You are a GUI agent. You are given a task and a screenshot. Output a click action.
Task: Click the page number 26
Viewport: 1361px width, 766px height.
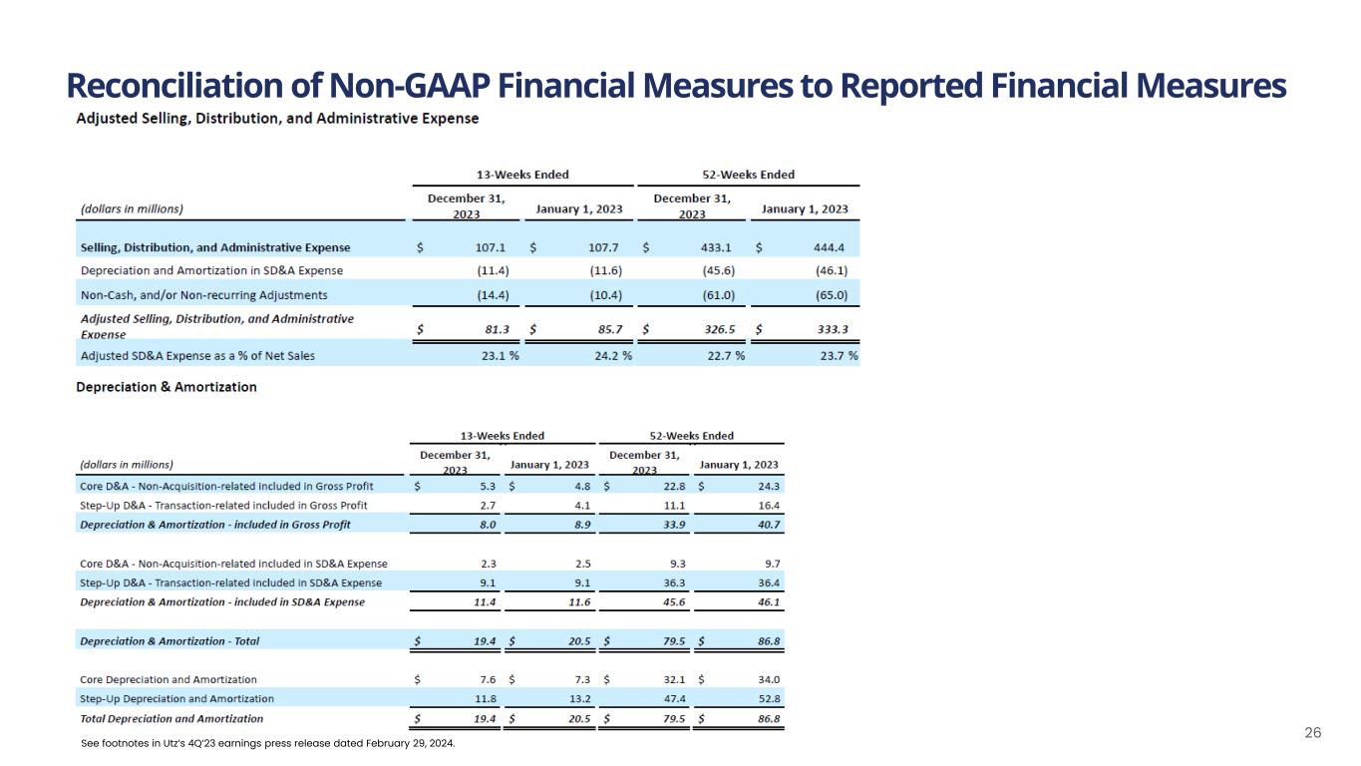[1313, 733]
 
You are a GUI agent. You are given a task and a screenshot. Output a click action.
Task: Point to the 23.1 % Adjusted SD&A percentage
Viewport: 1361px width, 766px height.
[500, 356]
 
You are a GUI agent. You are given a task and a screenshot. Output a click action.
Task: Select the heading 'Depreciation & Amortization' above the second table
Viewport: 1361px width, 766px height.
[167, 387]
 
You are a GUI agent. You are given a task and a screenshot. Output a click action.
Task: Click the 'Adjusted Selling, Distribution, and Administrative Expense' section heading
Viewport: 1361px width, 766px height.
[278, 118]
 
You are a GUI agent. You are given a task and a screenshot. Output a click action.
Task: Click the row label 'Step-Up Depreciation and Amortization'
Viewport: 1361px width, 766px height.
[176, 698]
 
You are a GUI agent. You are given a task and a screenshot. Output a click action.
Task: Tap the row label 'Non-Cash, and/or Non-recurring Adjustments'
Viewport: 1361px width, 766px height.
[203, 295]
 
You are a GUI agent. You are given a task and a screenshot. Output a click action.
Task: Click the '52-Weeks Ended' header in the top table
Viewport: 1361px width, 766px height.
[748, 175]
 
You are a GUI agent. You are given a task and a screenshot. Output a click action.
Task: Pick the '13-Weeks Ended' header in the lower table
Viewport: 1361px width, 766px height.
[502, 436]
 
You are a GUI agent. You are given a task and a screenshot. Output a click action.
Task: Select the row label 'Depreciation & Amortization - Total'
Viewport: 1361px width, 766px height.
[169, 641]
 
